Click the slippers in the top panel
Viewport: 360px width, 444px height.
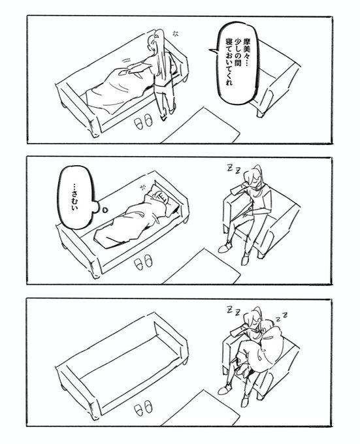[143, 121]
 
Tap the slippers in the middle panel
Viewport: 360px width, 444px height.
[143, 261]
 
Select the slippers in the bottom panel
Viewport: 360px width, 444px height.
[143, 407]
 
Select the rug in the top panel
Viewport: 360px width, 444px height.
[201, 125]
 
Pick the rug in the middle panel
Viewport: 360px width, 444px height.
[202, 266]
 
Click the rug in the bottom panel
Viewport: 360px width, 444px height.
[201, 408]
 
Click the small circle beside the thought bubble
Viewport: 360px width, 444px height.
[105, 210]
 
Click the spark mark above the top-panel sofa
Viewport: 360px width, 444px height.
[175, 33]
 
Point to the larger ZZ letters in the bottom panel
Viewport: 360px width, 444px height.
[233, 310]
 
